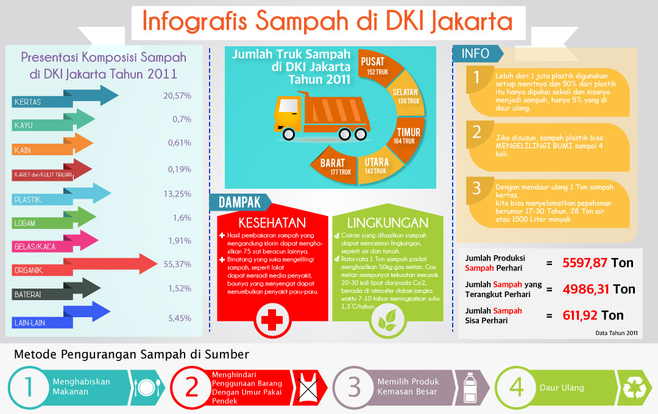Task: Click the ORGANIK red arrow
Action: pyautogui.click(x=84, y=265)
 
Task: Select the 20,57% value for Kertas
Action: pyautogui.click(x=177, y=96)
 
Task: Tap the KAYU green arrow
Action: pyautogui.click(x=53, y=121)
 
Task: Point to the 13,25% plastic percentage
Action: pyautogui.click(x=177, y=194)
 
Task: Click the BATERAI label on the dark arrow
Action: pyautogui.click(x=27, y=295)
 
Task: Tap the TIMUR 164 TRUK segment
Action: pyautogui.click(x=408, y=138)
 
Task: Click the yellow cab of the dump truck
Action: pyautogui.click(x=288, y=113)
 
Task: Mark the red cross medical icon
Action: pyautogui.click(x=272, y=320)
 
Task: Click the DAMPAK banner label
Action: pyautogui.click(x=239, y=203)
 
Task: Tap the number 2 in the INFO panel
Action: pyautogui.click(x=476, y=132)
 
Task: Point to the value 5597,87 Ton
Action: pyautogui.click(x=598, y=263)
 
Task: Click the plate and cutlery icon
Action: pyautogui.click(x=146, y=388)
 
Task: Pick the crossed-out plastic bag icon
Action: pyautogui.click(x=308, y=388)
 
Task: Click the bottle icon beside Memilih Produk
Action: pyautogui.click(x=470, y=388)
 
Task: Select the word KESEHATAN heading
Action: pyautogui.click(x=272, y=223)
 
